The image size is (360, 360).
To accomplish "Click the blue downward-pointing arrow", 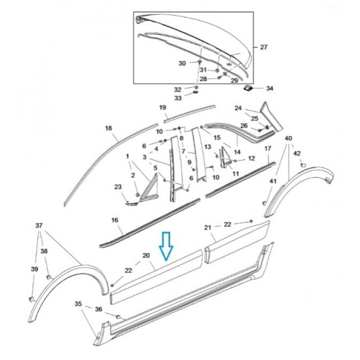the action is click(x=166, y=246).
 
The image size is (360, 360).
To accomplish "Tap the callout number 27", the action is click(x=264, y=47).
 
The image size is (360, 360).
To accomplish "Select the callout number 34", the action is click(x=270, y=88).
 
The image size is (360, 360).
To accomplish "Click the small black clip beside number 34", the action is click(x=248, y=88).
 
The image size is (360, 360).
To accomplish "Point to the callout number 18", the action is click(x=109, y=128).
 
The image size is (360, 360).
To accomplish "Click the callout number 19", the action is click(x=163, y=107).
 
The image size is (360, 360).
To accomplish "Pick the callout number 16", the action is click(x=115, y=220).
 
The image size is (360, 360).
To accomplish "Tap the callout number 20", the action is click(x=146, y=255).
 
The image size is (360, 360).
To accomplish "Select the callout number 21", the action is click(x=207, y=228).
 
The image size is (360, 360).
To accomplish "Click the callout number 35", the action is click(x=78, y=304).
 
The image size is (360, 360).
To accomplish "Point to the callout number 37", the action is click(x=39, y=226).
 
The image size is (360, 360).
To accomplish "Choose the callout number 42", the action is click(x=297, y=153).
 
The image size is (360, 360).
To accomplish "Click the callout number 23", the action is click(x=118, y=187).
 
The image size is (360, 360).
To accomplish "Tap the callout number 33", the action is click(x=178, y=98).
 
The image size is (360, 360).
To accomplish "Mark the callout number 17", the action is click(x=268, y=149).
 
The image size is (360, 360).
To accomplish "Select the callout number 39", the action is click(x=35, y=269).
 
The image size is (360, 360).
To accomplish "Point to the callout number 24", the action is click(x=238, y=108).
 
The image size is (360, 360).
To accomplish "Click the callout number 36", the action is click(x=98, y=309).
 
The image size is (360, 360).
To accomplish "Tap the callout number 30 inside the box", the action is click(x=182, y=63).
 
